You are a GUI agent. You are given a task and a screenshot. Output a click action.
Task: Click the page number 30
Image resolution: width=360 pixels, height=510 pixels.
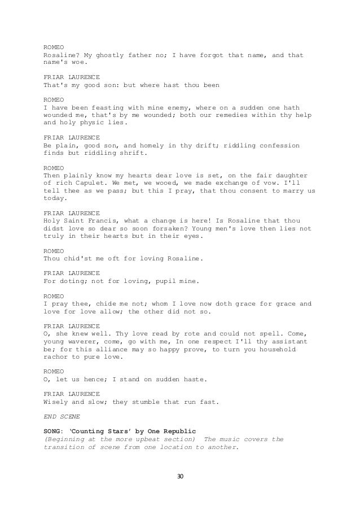(x=180, y=477)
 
